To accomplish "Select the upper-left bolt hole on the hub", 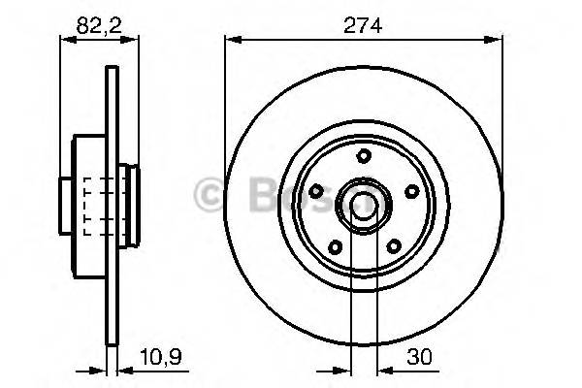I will click(317, 190).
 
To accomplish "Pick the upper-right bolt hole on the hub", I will click(409, 190).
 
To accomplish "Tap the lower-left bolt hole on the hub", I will click(335, 245).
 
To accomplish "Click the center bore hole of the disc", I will click(364, 205).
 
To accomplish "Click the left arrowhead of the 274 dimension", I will click(231, 40).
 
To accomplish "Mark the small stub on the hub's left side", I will click(66, 205).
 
